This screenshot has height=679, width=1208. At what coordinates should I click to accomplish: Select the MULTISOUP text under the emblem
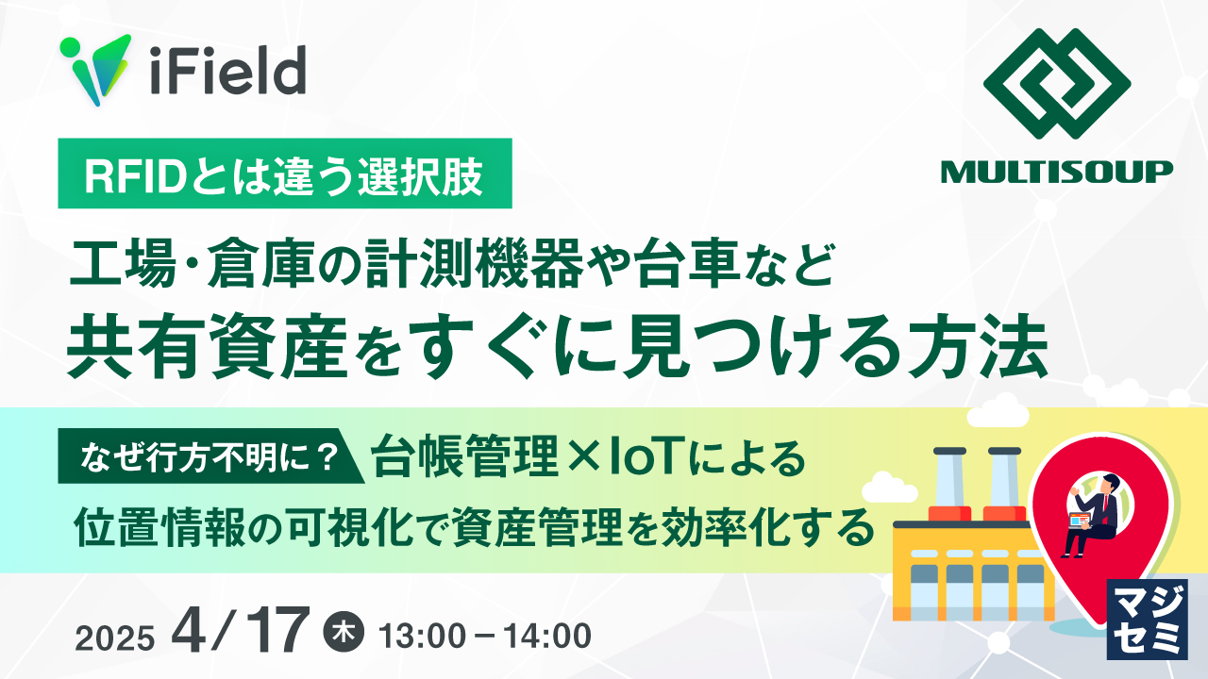point(1056,171)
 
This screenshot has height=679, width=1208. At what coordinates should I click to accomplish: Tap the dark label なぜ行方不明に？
point(205,459)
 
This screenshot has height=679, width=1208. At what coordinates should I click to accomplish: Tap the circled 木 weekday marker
point(341,632)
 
